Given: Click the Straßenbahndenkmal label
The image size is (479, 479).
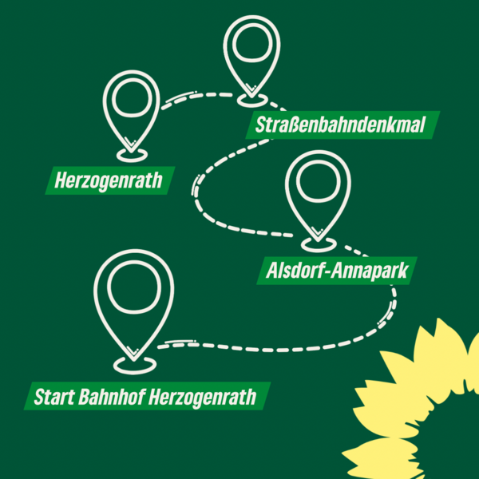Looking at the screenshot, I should coord(342,125).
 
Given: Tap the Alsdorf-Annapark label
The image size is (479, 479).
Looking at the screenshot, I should coord(336,271).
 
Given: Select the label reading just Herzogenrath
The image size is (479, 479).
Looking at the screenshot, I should coord(108,180).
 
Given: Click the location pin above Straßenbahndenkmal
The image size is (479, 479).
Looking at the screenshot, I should coord(251,56).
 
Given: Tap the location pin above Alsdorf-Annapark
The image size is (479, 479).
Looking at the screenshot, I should coord(318,192).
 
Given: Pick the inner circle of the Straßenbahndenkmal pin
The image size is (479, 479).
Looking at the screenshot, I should coord(251,46).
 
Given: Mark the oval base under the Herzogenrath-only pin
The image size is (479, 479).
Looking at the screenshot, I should coord(133,152).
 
